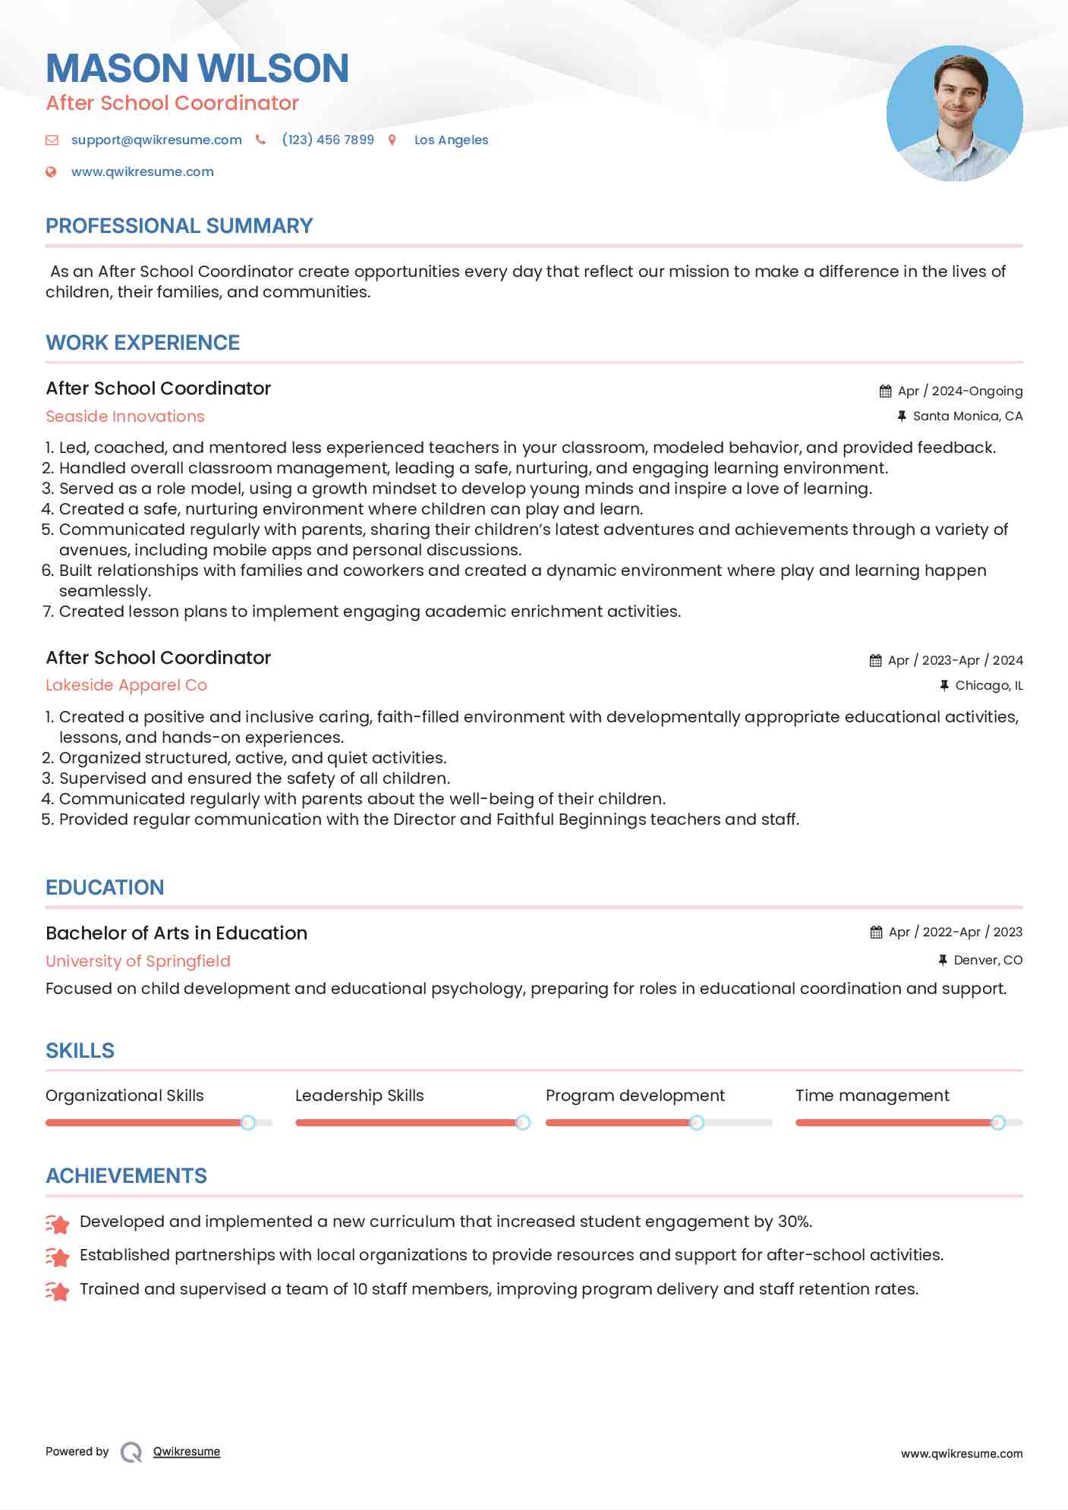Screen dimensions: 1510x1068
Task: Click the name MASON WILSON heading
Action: [197, 68]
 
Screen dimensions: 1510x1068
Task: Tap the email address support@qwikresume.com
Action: [156, 140]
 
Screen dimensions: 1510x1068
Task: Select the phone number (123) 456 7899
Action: [328, 140]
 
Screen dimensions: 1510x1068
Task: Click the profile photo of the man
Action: [954, 114]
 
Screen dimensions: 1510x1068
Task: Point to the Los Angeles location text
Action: [451, 140]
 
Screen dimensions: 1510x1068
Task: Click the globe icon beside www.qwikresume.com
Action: [51, 171]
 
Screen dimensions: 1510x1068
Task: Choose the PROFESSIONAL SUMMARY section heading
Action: [179, 226]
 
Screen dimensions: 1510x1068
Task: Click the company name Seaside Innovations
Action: [125, 417]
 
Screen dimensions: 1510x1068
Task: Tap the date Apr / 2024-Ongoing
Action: [959, 391]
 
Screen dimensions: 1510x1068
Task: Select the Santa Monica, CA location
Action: [967, 416]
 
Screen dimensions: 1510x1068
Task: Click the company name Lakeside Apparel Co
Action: [126, 685]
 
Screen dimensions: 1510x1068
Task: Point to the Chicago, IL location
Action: [988, 685]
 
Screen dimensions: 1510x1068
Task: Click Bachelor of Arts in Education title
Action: [176, 933]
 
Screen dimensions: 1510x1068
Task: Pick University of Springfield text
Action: [137, 961]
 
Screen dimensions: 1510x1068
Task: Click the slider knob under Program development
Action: [696, 1122]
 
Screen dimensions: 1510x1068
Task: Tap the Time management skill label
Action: [872, 1096]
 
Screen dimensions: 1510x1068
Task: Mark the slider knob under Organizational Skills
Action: [247, 1122]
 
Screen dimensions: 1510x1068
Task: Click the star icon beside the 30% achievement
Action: [58, 1223]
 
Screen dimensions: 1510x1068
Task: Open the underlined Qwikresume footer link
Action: [187, 1452]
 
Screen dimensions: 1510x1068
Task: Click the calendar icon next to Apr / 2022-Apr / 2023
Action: [876, 932]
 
